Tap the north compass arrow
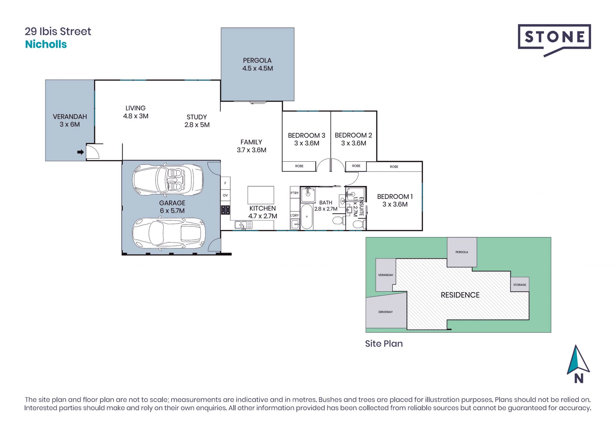point(578,361)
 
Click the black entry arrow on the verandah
point(81,152)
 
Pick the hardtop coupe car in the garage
point(168,234)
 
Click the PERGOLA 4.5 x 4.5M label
point(257,64)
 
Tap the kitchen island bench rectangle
point(261,195)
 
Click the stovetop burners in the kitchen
point(225,210)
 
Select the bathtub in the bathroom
point(307,217)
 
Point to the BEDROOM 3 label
point(306,135)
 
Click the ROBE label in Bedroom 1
point(394,167)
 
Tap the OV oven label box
point(225,195)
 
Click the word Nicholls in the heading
point(46,44)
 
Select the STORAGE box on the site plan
point(519,285)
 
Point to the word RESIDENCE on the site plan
point(460,295)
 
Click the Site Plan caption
point(384,344)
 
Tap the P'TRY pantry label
point(295,193)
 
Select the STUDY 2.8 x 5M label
point(197,121)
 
